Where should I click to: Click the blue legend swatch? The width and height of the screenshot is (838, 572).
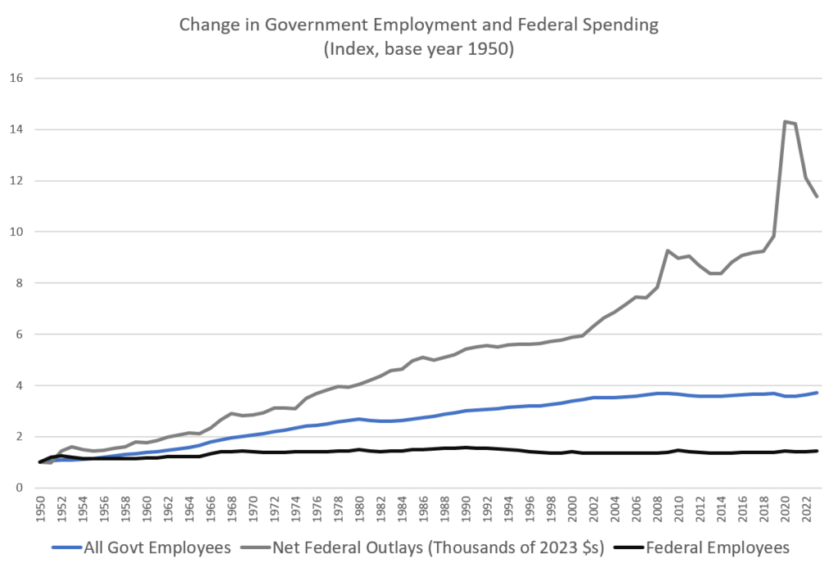[68, 546]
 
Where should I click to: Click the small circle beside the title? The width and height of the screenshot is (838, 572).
[184, 24]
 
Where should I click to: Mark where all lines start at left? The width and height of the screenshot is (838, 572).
[39, 462]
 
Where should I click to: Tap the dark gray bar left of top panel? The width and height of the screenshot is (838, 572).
[21, 129]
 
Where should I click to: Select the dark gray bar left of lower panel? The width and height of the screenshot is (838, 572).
[23, 385]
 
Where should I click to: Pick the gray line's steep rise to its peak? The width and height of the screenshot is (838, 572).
[778, 180]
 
